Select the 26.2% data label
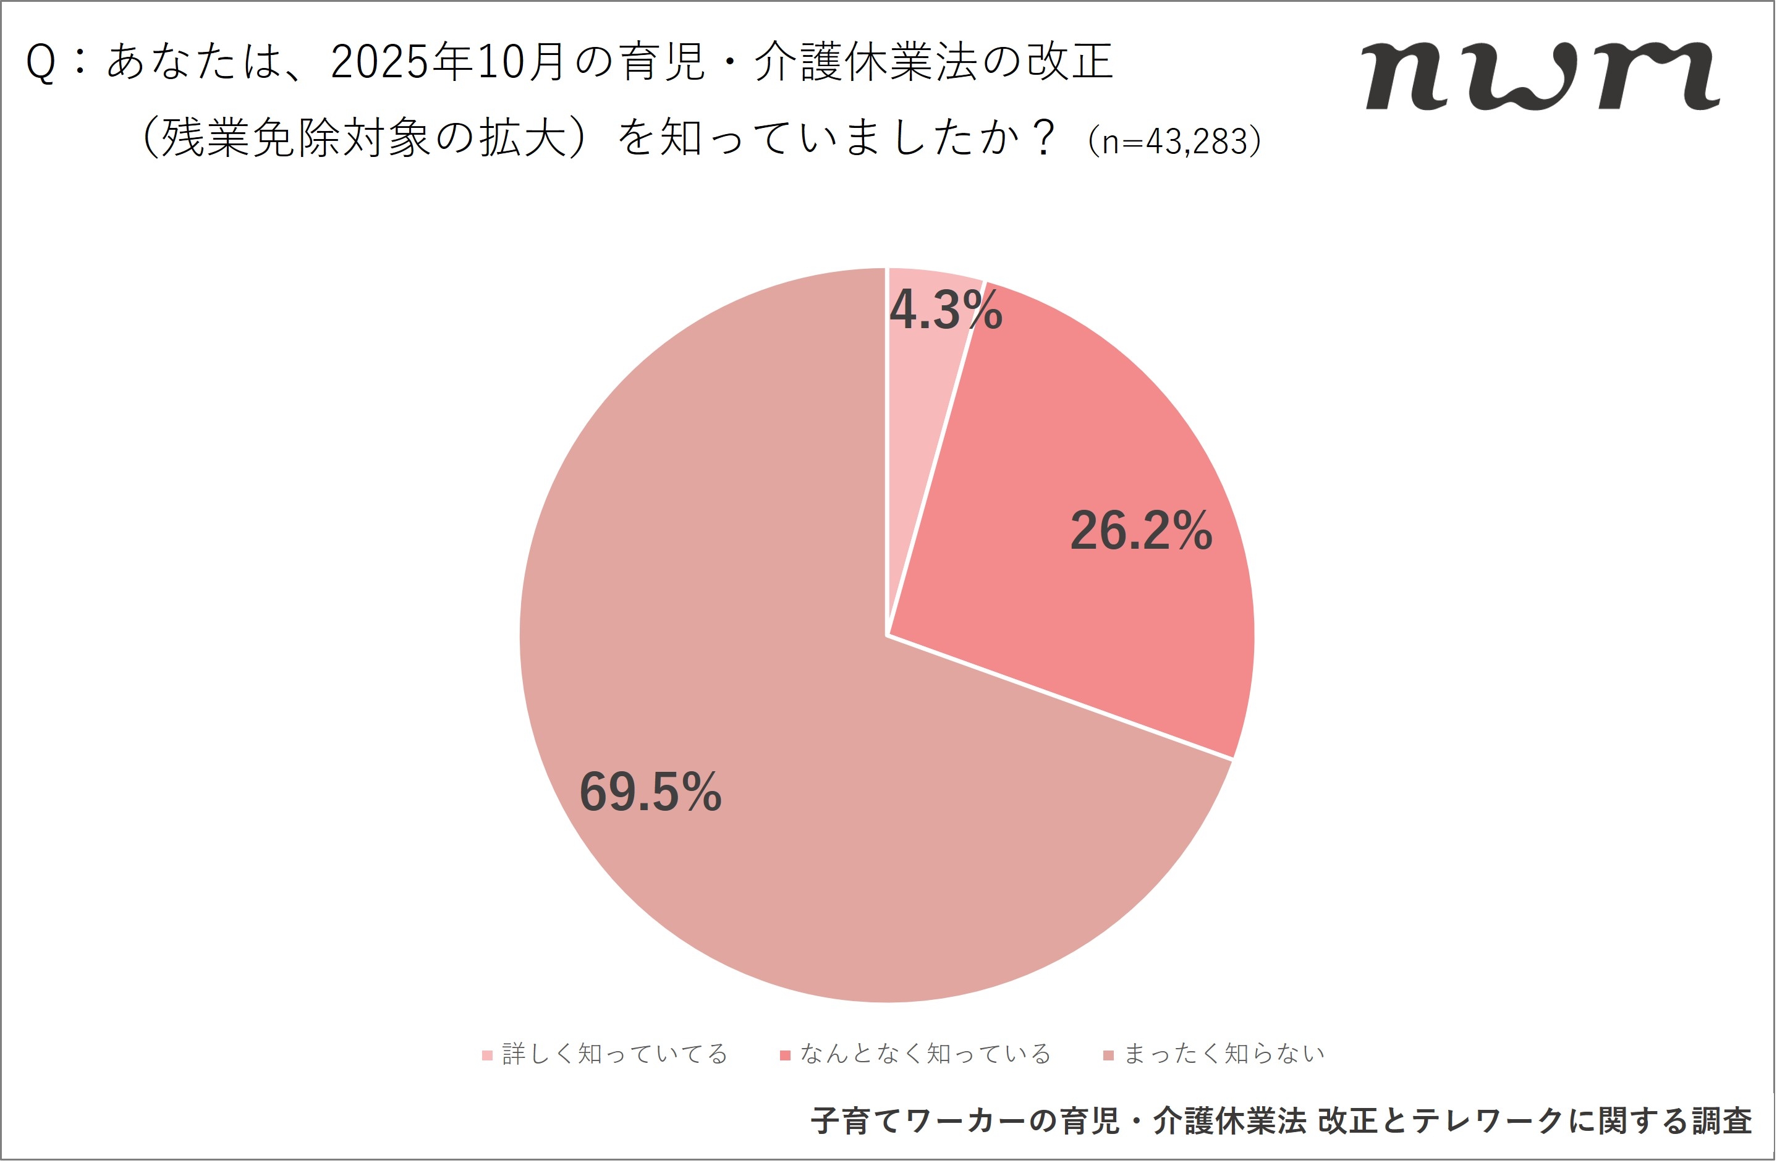click(x=1141, y=531)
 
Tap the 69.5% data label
click(x=650, y=792)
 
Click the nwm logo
click(x=1541, y=76)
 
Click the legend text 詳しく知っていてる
click(x=614, y=1054)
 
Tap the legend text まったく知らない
click(x=1224, y=1054)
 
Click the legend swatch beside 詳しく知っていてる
click(x=487, y=1055)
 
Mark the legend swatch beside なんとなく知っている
click(x=785, y=1055)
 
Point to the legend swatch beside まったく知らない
click(x=1109, y=1055)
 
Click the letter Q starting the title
click(x=41, y=62)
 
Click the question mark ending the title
click(x=1040, y=138)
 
